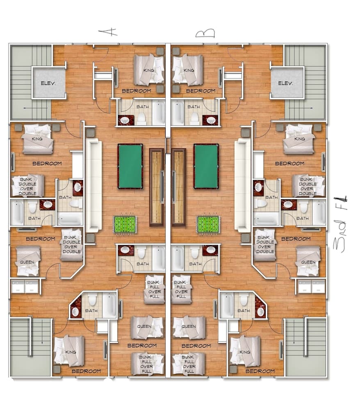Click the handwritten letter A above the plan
[x=108, y=32]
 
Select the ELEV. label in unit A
[x=49, y=83]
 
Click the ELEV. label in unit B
[x=287, y=83]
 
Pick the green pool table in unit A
[x=130, y=166]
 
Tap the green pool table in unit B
[x=206, y=166]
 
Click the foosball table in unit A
[x=125, y=224]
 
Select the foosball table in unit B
[x=209, y=224]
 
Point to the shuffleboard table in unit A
[x=156, y=187]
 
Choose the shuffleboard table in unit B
[x=179, y=187]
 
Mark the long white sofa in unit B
[x=242, y=185]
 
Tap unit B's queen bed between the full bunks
[x=189, y=327]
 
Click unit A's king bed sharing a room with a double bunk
[x=37, y=139]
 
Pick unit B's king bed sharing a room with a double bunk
[x=299, y=139]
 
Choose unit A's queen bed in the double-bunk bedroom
[x=28, y=261]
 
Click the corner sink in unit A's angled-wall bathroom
[x=75, y=311]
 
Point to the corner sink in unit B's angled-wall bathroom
[x=260, y=311]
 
